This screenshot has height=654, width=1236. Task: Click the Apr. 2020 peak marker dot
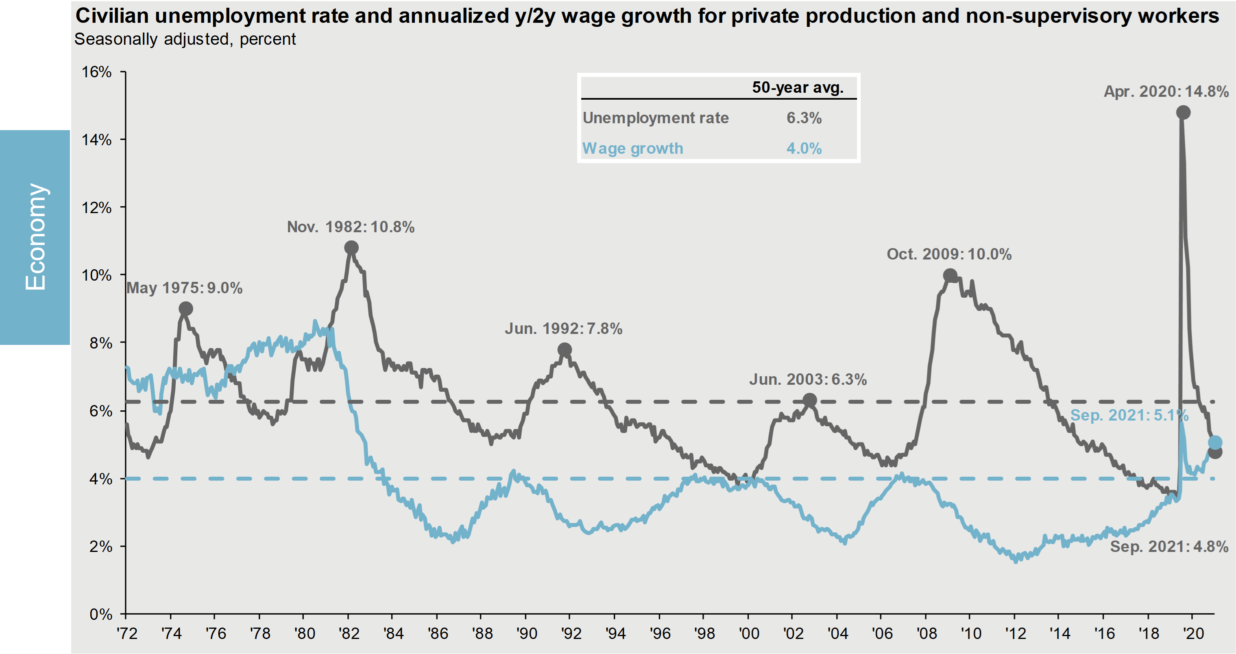[x=1183, y=113]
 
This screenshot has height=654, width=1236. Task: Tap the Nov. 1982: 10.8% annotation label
[x=351, y=227]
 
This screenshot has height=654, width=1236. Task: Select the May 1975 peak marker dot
[x=186, y=309]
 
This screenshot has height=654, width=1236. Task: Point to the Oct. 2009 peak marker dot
[x=950, y=276]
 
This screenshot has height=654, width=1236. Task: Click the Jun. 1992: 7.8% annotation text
[x=563, y=329]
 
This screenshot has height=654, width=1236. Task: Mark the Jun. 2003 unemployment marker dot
[x=810, y=400]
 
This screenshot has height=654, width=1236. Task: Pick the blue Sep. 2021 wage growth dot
[x=1214, y=442]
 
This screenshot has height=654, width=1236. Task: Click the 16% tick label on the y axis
[x=96, y=72]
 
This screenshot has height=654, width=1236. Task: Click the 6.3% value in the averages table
[x=804, y=118]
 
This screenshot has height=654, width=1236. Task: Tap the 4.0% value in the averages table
[x=804, y=148]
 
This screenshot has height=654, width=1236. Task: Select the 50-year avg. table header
[x=798, y=87]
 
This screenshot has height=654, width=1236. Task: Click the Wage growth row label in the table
[x=632, y=148]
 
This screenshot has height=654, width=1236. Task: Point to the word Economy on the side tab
[x=35, y=237]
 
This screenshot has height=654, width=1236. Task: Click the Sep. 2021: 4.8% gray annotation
[x=1169, y=547]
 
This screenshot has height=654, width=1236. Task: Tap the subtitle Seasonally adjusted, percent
[x=185, y=39]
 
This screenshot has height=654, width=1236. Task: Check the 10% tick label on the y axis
[x=96, y=275]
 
